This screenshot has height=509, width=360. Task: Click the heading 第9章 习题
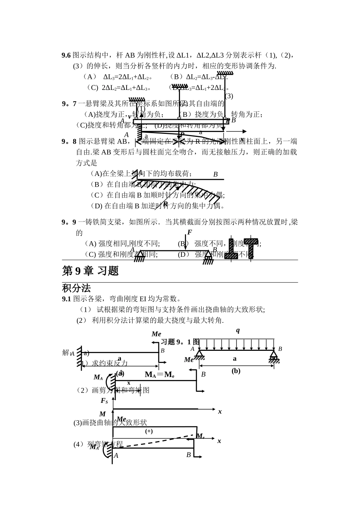90,271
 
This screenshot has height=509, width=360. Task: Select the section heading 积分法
76,288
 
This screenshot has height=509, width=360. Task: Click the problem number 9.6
66,55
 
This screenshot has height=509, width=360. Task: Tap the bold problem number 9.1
66,299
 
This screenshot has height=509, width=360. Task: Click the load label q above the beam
238,330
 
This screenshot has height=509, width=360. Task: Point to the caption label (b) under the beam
236,371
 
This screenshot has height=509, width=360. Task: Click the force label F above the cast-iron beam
189,233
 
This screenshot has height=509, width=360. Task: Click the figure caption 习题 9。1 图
180,342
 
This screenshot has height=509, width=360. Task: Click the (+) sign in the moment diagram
149,431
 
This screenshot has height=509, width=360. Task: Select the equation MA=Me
160,375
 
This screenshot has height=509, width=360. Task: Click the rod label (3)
229,96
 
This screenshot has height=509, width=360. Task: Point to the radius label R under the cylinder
166,203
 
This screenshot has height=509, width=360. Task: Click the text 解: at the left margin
67,353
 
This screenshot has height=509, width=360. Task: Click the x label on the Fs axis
220,412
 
